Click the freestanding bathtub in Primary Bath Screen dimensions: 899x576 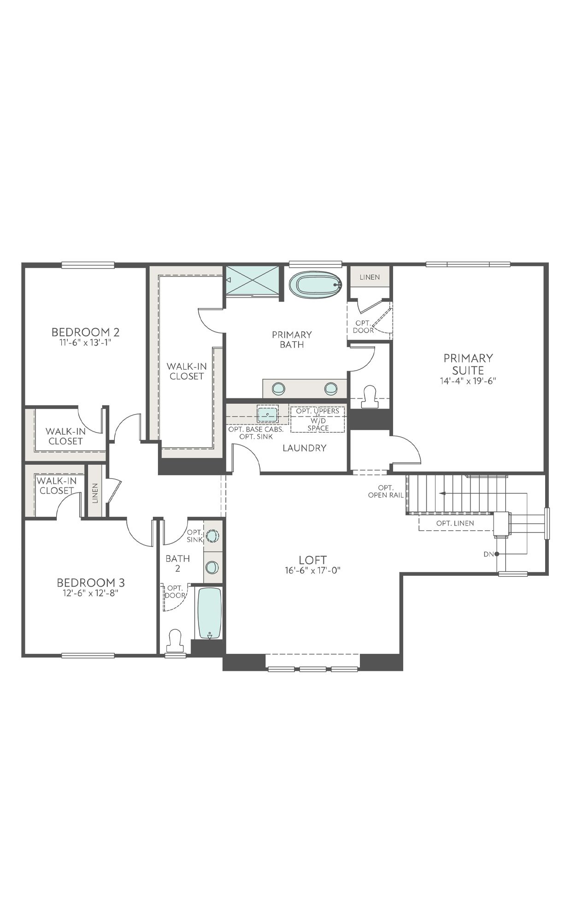click(316, 284)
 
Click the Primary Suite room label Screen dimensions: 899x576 click(468, 364)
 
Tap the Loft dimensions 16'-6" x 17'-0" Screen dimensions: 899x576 click(312, 570)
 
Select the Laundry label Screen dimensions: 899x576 click(304, 448)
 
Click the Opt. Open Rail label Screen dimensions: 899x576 click(386, 491)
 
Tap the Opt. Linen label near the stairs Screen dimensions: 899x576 click(455, 523)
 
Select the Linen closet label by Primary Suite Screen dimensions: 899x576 click(370, 277)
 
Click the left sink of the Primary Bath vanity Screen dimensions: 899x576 click(278, 389)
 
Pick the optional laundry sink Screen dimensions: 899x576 click(267, 414)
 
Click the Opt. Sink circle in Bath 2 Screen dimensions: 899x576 click(212, 536)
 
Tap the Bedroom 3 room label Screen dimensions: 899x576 click(90, 583)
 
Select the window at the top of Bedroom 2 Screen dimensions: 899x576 click(88, 265)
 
